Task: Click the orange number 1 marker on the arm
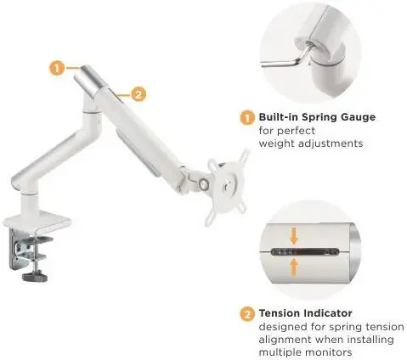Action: [57, 68]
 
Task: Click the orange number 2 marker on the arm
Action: [138, 94]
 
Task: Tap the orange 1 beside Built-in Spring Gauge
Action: [247, 118]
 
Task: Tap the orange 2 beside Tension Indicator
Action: [247, 314]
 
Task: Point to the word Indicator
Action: [328, 313]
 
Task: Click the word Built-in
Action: [278, 117]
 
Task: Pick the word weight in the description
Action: [277, 143]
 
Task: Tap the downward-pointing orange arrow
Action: [294, 237]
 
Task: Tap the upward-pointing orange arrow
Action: [294, 267]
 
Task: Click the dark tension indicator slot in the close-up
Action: [305, 252]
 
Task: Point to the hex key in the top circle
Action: [286, 58]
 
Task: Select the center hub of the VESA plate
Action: [227, 187]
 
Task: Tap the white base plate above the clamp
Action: [37, 221]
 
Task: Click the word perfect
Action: [295, 132]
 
